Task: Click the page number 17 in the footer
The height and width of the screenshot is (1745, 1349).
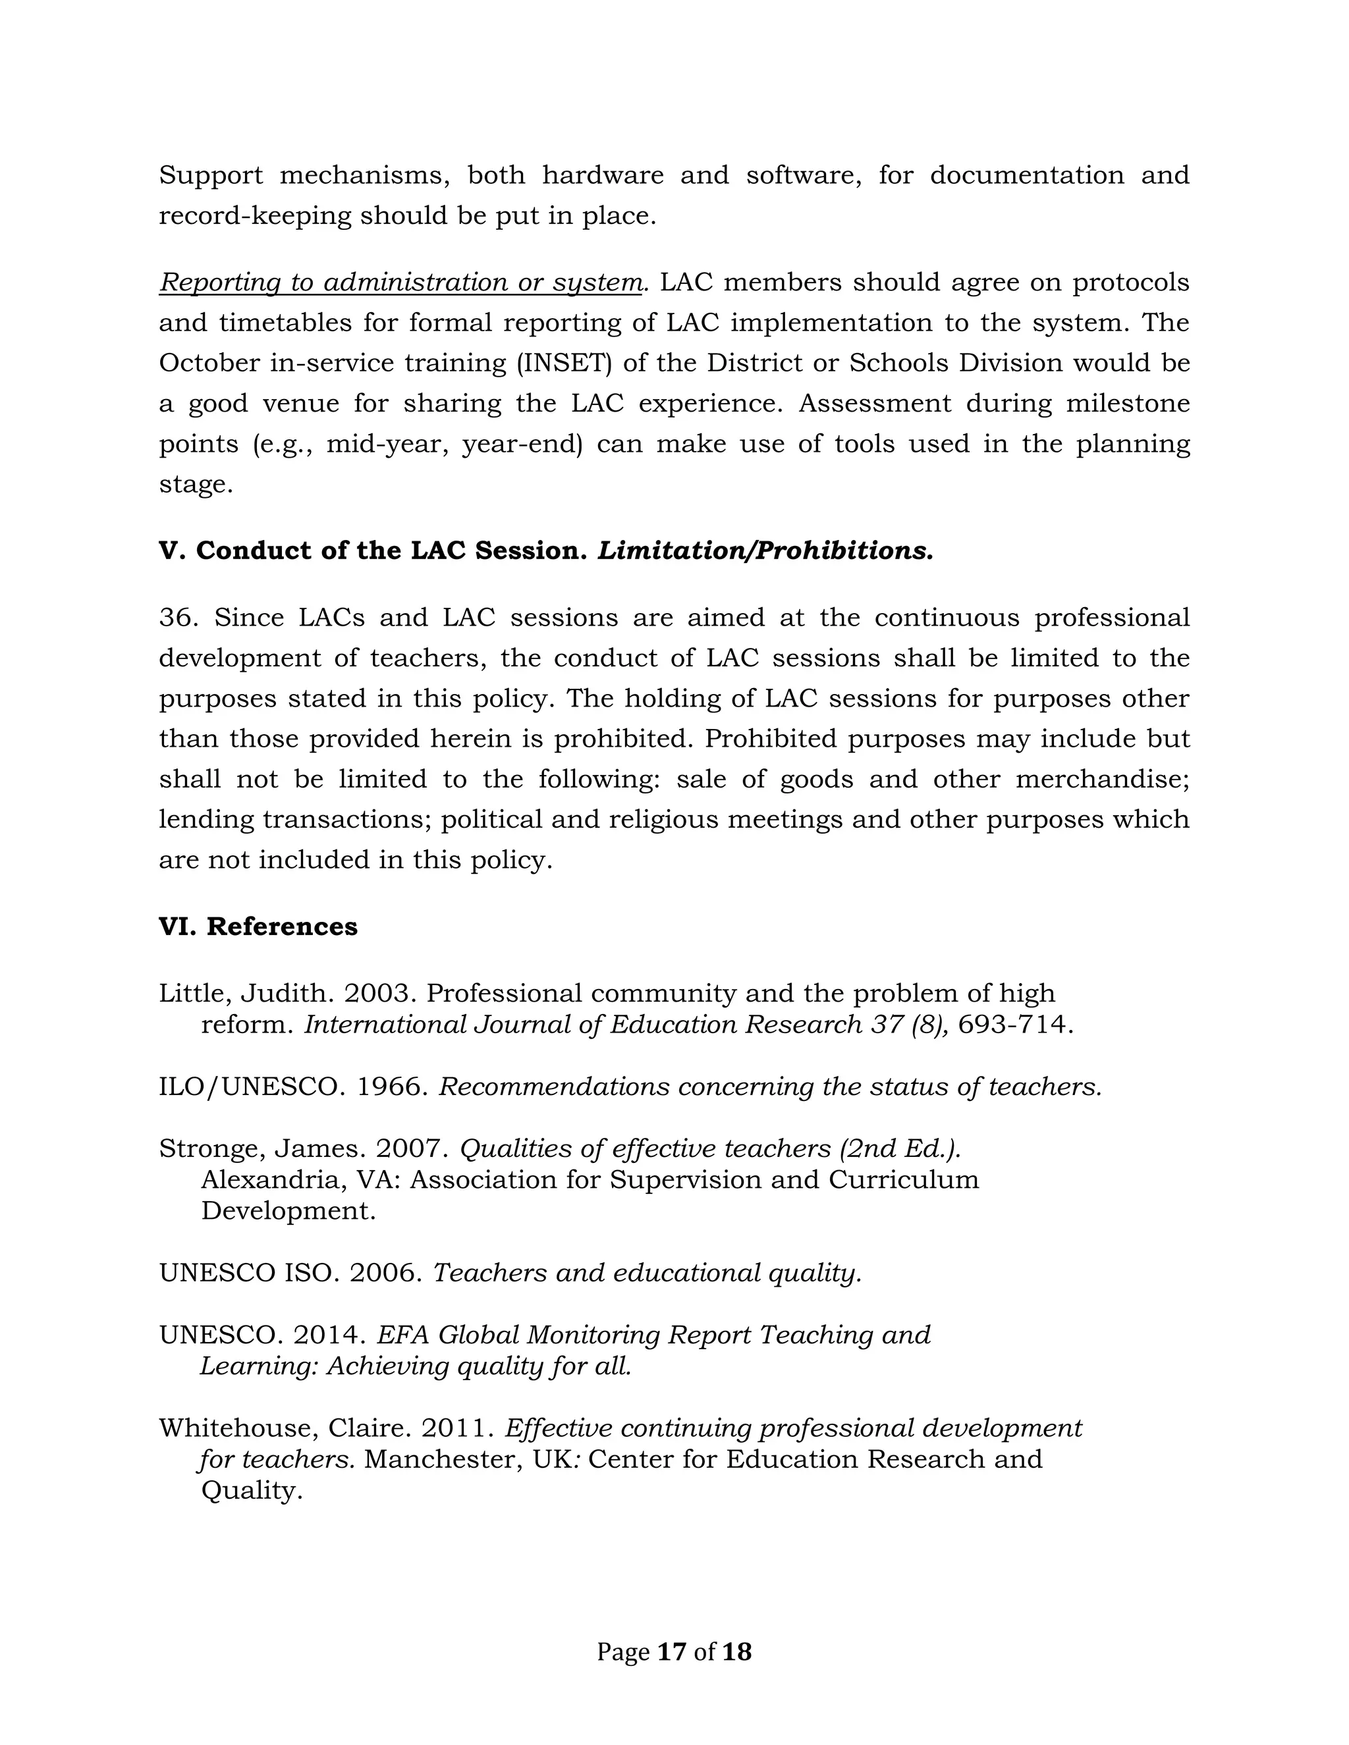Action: [x=671, y=1651]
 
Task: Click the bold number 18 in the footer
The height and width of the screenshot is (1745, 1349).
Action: [x=736, y=1651]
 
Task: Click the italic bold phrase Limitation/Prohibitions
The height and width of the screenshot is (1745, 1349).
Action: [x=765, y=550]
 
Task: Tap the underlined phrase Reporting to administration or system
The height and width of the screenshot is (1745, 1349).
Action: [x=400, y=282]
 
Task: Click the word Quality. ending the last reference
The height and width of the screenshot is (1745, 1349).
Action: [x=251, y=1491]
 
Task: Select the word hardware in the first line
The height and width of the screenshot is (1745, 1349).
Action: [x=603, y=175]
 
